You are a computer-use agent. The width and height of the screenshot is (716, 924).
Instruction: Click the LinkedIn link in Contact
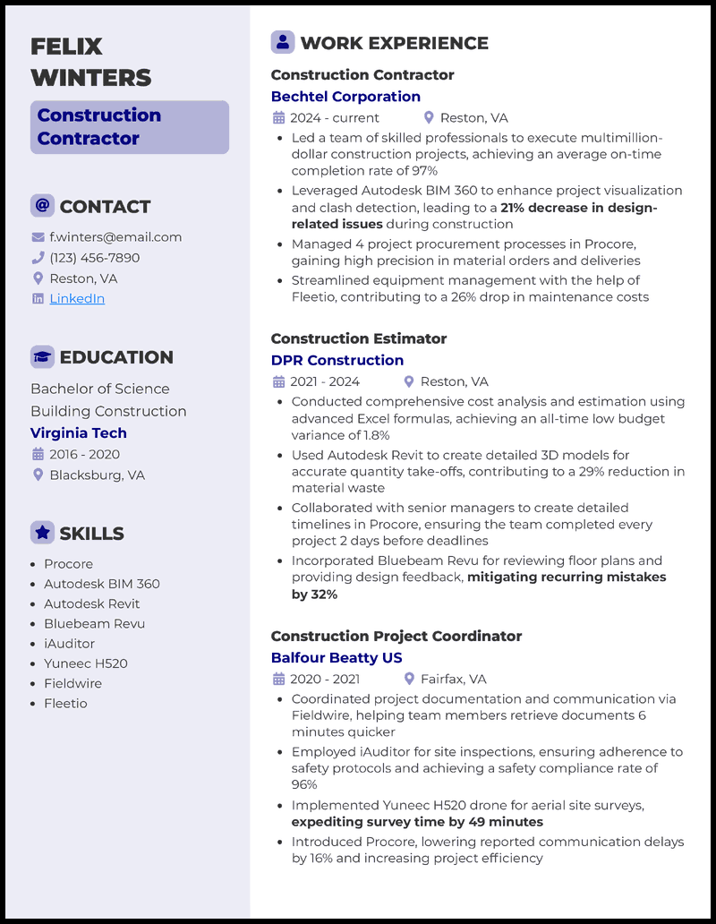pyautogui.click(x=77, y=298)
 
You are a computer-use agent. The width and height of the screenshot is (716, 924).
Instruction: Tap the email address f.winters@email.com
pyautogui.click(x=115, y=237)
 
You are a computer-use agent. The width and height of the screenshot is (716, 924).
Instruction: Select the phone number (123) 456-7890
pyautogui.click(x=95, y=258)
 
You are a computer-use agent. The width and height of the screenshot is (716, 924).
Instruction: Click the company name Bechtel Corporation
pyautogui.click(x=345, y=97)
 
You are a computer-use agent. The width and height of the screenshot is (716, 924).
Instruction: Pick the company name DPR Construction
pyautogui.click(x=337, y=360)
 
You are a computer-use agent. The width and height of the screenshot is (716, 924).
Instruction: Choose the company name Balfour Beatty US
pyautogui.click(x=337, y=657)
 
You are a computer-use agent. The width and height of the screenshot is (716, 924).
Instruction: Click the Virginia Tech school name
pyautogui.click(x=79, y=432)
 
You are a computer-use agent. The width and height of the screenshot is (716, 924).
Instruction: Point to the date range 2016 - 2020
pyautogui.click(x=84, y=454)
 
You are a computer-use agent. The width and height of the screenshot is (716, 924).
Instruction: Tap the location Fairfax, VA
pyautogui.click(x=453, y=679)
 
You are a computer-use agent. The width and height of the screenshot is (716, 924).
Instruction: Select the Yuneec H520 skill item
pyautogui.click(x=86, y=663)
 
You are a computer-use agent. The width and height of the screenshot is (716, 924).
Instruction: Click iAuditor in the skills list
pyautogui.click(x=69, y=643)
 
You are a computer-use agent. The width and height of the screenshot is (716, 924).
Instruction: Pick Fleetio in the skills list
pyautogui.click(x=65, y=703)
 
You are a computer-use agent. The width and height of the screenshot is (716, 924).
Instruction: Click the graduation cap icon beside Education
pyautogui.click(x=42, y=357)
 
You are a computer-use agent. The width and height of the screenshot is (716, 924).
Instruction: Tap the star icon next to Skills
pyautogui.click(x=42, y=533)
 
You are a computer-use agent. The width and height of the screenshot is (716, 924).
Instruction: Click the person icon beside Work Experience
pyautogui.click(x=283, y=42)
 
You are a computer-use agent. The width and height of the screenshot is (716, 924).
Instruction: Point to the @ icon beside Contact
pyautogui.click(x=42, y=206)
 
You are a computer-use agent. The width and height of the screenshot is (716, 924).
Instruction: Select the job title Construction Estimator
pyautogui.click(x=359, y=338)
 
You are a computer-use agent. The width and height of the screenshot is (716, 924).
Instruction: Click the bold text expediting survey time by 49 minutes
pyautogui.click(x=417, y=822)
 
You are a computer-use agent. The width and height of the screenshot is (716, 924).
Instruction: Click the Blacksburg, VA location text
pyautogui.click(x=97, y=475)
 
